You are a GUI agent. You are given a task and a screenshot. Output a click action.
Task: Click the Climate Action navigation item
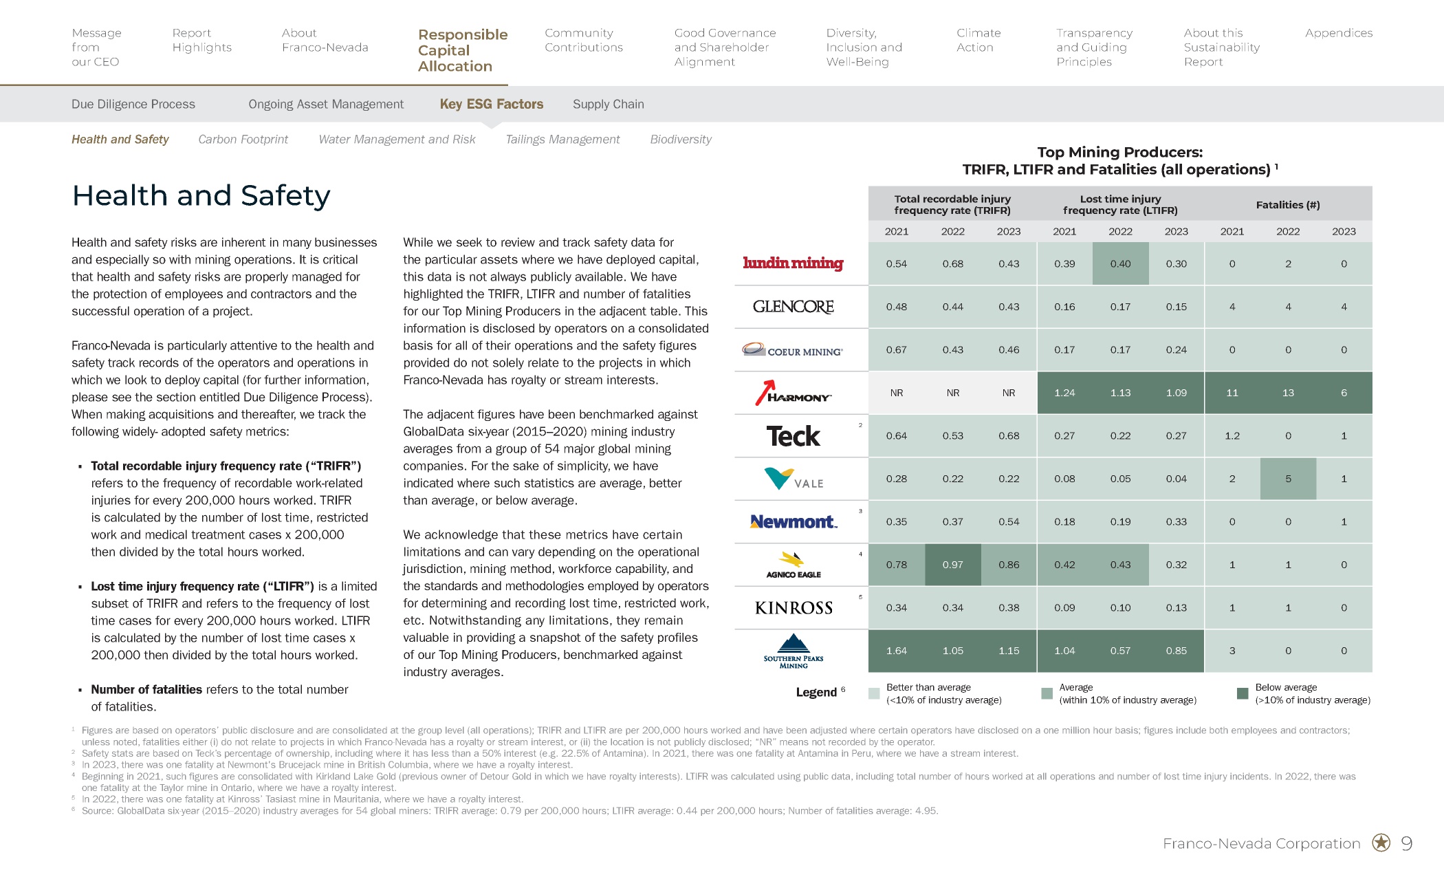click(978, 40)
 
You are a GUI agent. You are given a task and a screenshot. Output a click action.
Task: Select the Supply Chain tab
click(609, 104)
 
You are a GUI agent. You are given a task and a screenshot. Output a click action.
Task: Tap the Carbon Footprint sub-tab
click(243, 139)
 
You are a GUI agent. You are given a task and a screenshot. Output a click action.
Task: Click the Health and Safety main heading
click(201, 195)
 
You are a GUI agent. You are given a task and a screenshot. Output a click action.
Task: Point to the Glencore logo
click(794, 307)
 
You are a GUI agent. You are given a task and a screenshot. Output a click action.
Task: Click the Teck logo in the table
click(794, 435)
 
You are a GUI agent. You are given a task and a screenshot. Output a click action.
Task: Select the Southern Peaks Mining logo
click(794, 651)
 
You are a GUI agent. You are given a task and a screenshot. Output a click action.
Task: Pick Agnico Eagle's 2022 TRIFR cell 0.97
click(953, 565)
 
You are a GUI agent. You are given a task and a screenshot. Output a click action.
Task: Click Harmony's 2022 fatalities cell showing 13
click(1288, 393)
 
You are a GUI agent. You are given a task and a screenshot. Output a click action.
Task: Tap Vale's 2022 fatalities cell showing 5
click(1288, 479)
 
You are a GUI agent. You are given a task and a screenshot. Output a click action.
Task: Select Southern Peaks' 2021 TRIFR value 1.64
click(897, 651)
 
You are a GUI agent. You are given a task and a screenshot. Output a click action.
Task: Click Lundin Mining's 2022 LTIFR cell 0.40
click(1121, 263)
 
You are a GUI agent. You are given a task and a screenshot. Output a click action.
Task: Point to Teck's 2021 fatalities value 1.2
click(1232, 435)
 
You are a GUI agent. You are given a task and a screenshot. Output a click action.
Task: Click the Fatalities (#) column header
click(1288, 204)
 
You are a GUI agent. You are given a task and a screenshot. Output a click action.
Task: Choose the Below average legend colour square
click(1243, 693)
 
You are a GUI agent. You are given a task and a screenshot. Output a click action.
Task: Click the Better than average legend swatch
click(874, 693)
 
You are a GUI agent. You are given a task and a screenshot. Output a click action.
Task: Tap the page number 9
click(1407, 843)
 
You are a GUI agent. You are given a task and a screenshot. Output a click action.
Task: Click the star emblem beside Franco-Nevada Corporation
click(1381, 843)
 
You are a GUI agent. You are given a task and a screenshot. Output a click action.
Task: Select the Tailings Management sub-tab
click(562, 139)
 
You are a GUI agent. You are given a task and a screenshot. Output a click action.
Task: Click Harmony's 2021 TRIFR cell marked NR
click(897, 393)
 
